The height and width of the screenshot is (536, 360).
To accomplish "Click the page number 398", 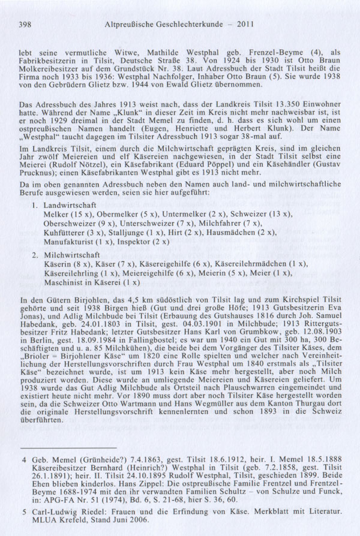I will (x=25, y=25).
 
